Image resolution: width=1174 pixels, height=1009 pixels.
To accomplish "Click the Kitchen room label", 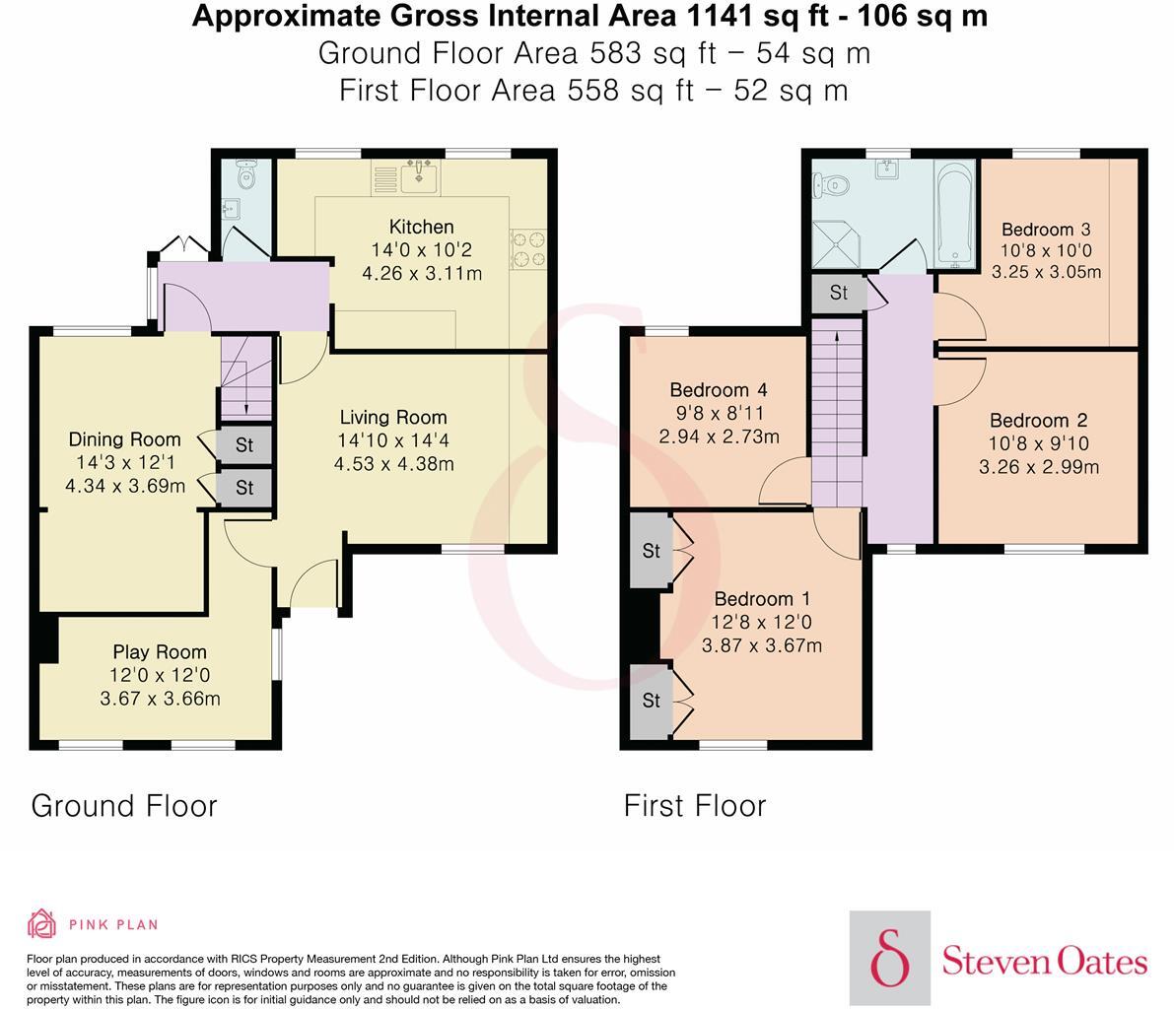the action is tap(422, 227).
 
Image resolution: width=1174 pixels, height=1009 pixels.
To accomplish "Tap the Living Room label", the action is tap(393, 418).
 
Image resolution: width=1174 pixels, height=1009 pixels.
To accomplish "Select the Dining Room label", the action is tap(125, 439).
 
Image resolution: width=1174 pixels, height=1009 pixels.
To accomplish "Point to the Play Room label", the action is tap(160, 652).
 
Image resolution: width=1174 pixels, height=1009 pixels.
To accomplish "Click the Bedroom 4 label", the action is tap(718, 390).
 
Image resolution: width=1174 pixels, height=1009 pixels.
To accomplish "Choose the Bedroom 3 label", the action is tap(1046, 230).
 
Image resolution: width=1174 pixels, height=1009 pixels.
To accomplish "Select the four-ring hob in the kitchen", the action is tap(528, 249).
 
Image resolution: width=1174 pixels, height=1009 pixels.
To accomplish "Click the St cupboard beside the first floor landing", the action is tap(839, 293).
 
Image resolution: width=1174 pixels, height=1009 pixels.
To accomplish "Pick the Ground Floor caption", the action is tap(124, 806).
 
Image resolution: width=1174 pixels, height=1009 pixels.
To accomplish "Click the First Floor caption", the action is tap(695, 806).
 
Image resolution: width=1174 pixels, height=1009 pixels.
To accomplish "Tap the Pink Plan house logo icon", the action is tap(42, 923).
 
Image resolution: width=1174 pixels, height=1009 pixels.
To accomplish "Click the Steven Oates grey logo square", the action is tap(889, 958).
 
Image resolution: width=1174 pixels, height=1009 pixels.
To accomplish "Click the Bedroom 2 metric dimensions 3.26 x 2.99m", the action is tap(1039, 467).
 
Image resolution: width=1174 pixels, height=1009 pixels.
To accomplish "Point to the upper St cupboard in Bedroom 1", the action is tap(652, 551).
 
